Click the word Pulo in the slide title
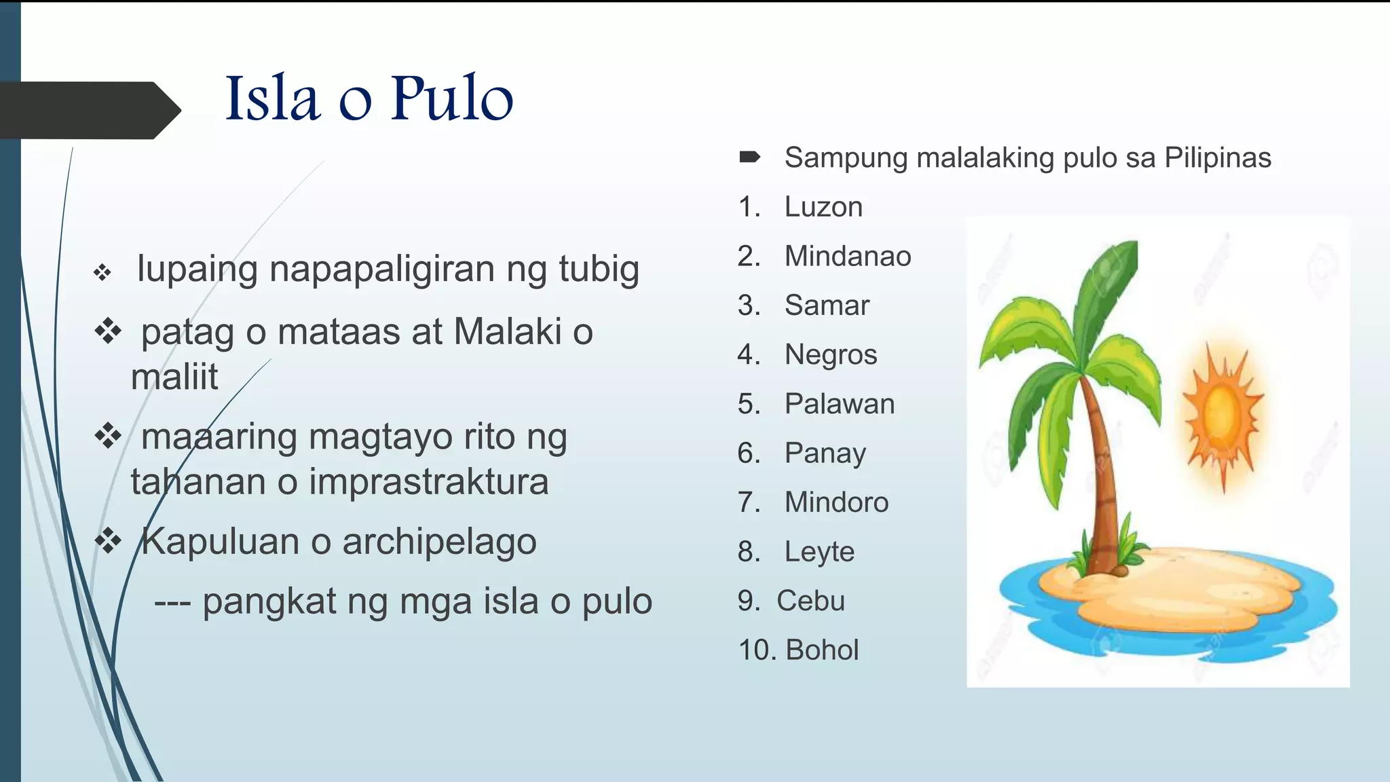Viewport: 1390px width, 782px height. pyautogui.click(x=451, y=99)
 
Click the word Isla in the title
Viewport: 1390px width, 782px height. pyautogui.click(x=272, y=99)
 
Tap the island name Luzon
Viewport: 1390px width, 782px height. pyautogui.click(x=823, y=207)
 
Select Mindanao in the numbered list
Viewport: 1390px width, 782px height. pyautogui.click(x=848, y=257)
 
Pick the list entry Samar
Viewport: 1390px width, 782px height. pyautogui.click(x=827, y=305)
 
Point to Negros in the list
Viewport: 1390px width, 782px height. pyautogui.click(x=831, y=355)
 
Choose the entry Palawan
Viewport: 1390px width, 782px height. pyautogui.click(x=840, y=404)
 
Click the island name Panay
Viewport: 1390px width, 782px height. pyautogui.click(x=825, y=453)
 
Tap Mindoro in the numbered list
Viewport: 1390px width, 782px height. pyautogui.click(x=836, y=502)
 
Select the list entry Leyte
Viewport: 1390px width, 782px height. pyautogui.click(x=819, y=552)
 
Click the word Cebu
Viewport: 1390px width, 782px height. pyautogui.click(x=810, y=601)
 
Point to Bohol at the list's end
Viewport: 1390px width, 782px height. pyautogui.click(x=822, y=650)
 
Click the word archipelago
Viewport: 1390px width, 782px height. pyautogui.click(x=439, y=542)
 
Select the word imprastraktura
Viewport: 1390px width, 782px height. pyautogui.click(x=428, y=482)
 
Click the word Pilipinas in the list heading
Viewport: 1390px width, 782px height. pyautogui.click(x=1218, y=157)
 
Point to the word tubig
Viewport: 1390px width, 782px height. pyautogui.click(x=599, y=269)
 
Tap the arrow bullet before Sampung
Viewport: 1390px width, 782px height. pyautogui.click(x=749, y=157)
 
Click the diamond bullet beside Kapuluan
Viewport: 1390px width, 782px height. pyautogui.click(x=108, y=541)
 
